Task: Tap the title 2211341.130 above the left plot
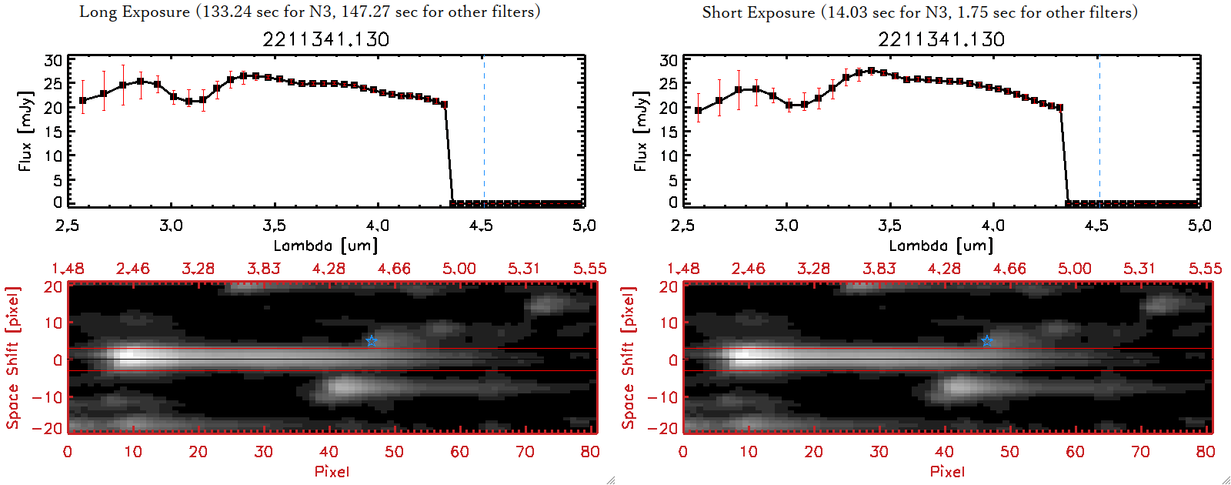325,39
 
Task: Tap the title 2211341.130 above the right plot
941,39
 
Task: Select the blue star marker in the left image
372,341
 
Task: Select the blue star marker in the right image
987,341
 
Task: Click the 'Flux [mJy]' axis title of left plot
26,132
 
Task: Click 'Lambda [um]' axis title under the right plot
941,246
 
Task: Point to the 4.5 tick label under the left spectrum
481,226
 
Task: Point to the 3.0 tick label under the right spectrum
786,226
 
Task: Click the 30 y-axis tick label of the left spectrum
53,61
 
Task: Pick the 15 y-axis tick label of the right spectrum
669,132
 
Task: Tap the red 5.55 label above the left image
589,269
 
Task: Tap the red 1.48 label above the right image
683,269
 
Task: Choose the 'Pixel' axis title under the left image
332,471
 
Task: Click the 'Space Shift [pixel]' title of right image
628,358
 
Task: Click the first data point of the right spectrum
699,111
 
